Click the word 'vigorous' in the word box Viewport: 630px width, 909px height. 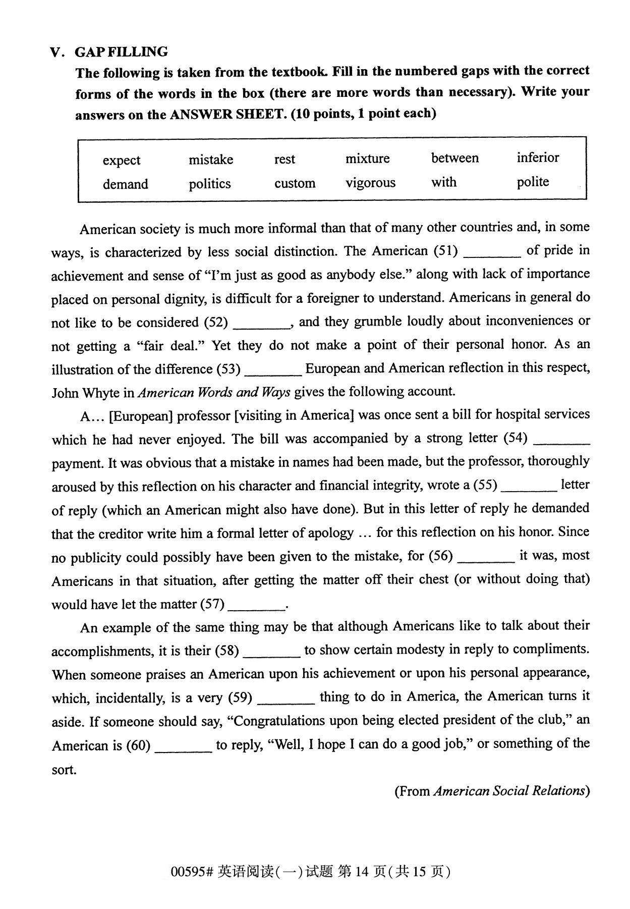(x=370, y=183)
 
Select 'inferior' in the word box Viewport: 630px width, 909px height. (x=538, y=158)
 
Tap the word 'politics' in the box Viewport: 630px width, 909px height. (x=210, y=184)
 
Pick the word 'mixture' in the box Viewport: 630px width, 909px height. (x=367, y=158)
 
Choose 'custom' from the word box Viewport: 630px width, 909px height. (x=295, y=183)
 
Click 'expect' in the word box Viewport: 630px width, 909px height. (x=122, y=161)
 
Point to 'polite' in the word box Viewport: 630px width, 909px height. (x=533, y=182)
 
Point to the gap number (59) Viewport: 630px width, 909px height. (x=240, y=698)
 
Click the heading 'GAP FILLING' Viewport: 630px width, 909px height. (x=121, y=52)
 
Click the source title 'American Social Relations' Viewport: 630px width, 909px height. (x=509, y=791)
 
